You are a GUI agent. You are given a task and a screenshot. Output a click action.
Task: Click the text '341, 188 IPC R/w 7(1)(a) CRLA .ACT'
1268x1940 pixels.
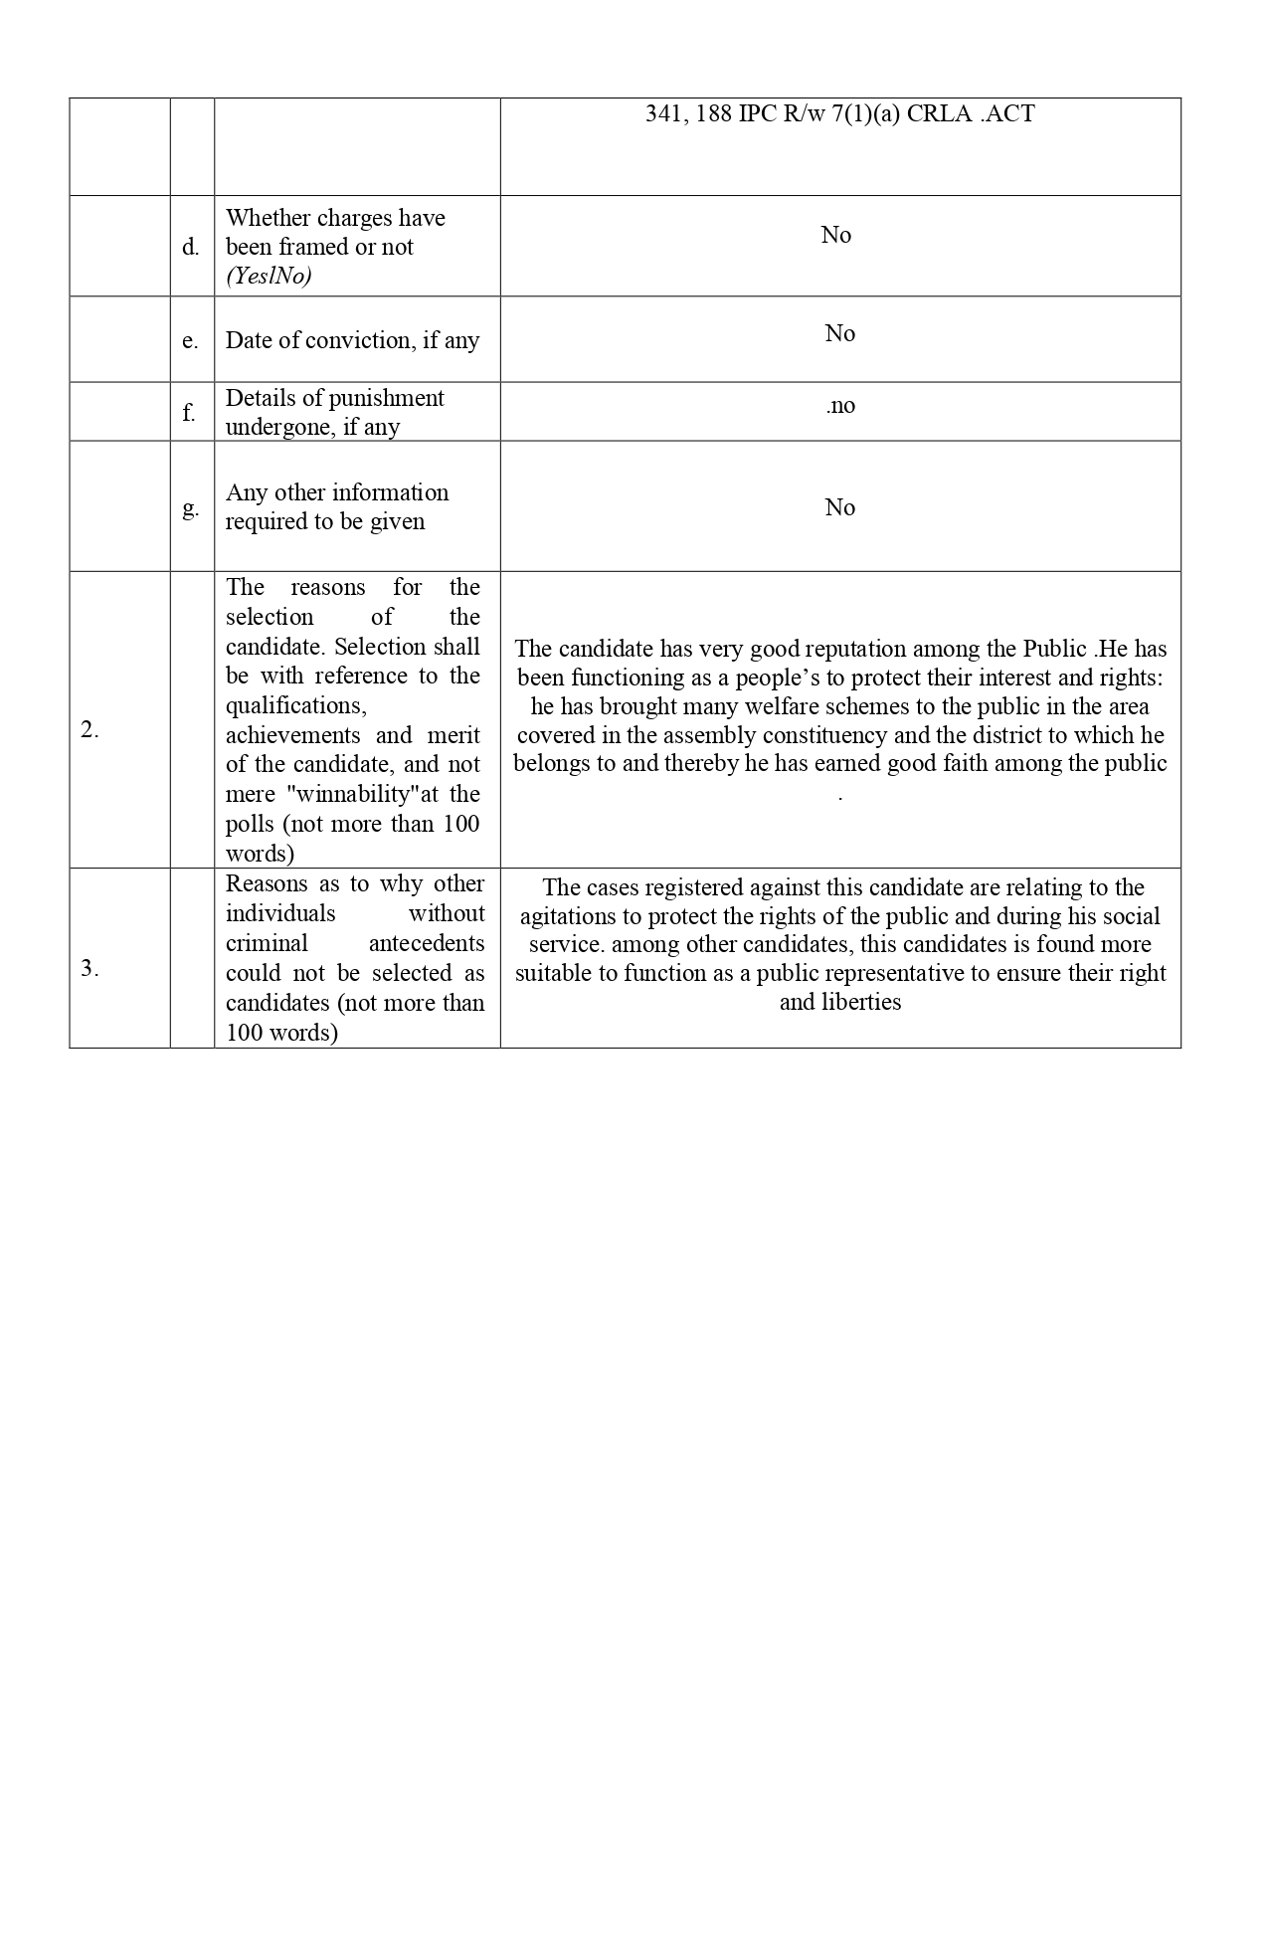839,114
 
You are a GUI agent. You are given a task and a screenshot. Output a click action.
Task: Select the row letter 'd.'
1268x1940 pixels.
190,247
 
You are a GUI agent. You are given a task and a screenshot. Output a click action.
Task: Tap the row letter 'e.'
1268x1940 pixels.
190,340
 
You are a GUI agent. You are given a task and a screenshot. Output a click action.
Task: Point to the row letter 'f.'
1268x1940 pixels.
189,412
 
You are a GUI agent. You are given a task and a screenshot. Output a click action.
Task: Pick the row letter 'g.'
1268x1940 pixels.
190,507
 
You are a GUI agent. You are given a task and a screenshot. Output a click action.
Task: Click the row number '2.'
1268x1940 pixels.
90,729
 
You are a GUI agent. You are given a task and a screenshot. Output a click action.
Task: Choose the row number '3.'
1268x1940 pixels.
90,968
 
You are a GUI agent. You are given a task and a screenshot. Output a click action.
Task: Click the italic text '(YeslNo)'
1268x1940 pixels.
269,276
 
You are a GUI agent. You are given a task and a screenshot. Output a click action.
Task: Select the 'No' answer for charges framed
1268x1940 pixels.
835,235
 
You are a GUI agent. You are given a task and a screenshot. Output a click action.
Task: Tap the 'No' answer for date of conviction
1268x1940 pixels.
839,333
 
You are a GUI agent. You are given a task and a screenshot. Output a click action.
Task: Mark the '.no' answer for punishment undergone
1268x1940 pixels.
839,405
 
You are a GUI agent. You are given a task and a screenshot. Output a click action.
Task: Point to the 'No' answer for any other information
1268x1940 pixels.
839,507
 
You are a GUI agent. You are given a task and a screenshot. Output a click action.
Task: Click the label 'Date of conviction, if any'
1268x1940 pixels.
352,340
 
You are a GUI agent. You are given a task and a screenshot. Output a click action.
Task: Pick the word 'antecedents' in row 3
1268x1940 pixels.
427,943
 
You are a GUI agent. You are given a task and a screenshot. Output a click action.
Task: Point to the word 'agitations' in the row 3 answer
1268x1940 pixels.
568,916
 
